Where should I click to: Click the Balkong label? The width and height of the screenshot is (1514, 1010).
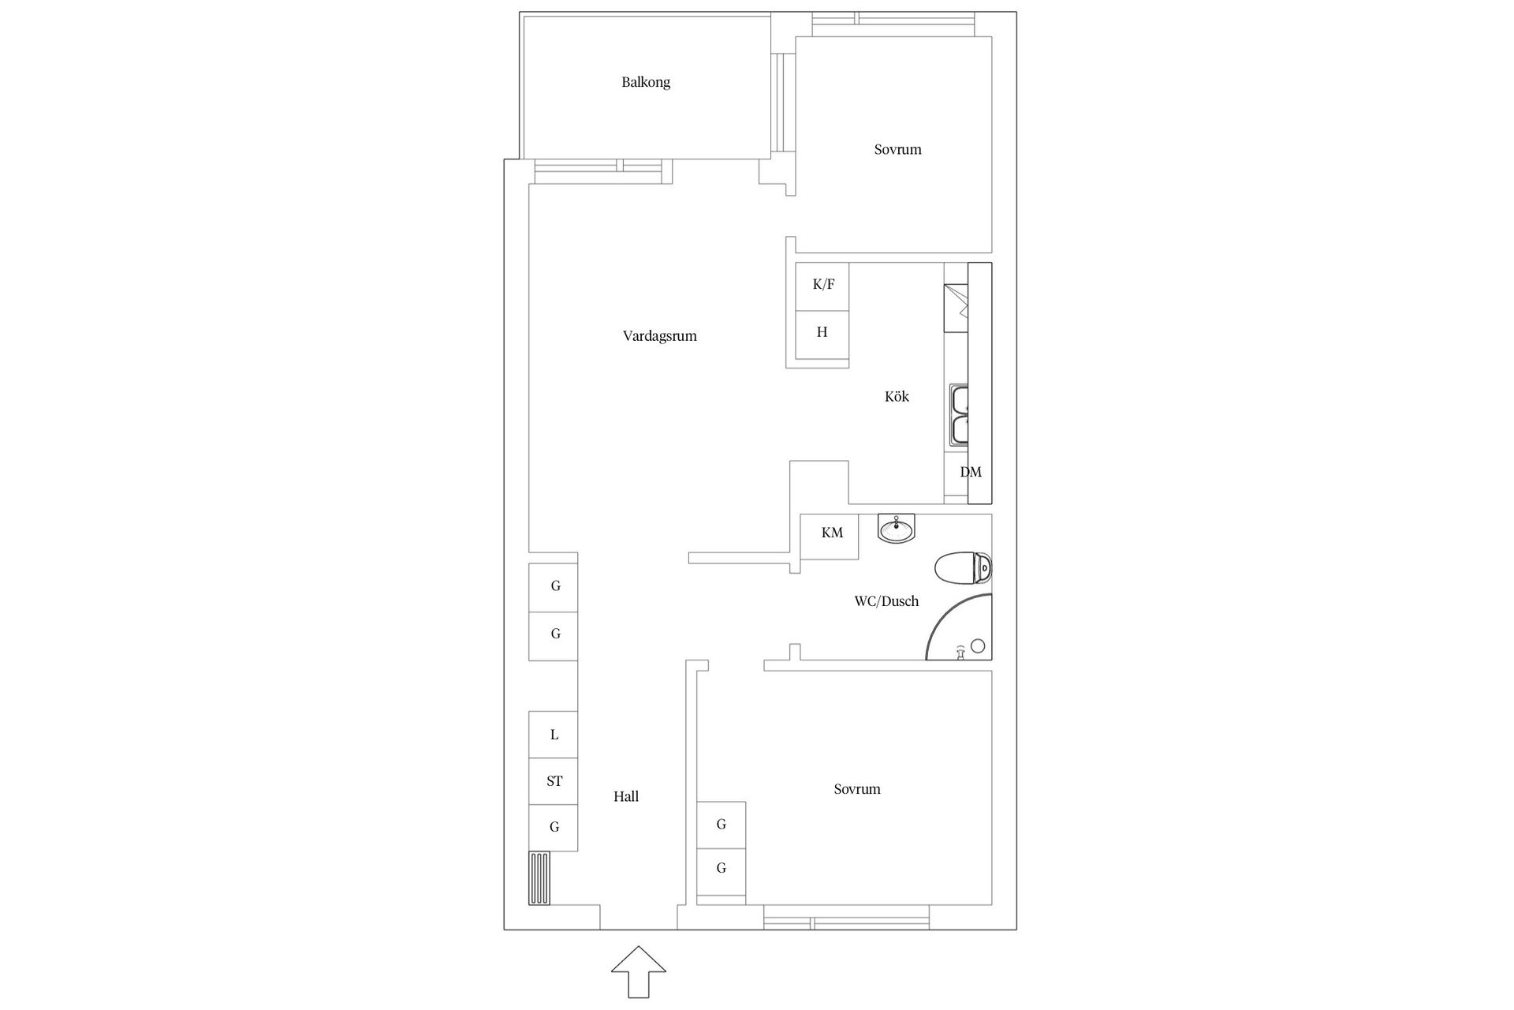pyautogui.click(x=645, y=82)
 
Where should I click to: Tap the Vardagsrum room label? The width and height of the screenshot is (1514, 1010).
pyautogui.click(x=659, y=336)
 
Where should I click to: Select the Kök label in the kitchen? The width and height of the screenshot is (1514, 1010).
pyautogui.click(x=897, y=397)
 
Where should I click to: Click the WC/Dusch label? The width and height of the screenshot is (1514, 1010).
pyautogui.click(x=886, y=601)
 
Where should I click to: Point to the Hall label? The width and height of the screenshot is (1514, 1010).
pyautogui.click(x=626, y=797)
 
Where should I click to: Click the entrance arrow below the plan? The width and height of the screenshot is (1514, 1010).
pyautogui.click(x=639, y=971)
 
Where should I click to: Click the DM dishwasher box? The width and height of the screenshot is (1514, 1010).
pyautogui.click(x=970, y=473)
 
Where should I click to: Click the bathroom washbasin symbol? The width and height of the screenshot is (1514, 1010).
pyautogui.click(x=897, y=528)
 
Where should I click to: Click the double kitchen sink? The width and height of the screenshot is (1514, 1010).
pyautogui.click(x=959, y=414)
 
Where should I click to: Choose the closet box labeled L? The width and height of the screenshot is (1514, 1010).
pyautogui.click(x=554, y=735)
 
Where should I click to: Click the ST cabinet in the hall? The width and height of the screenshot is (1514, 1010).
pyautogui.click(x=554, y=781)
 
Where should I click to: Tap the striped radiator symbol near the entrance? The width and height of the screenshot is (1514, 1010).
pyautogui.click(x=539, y=878)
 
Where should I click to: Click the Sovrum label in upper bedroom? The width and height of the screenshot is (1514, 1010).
pyautogui.click(x=897, y=150)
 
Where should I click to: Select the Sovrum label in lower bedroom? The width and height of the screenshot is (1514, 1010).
pyautogui.click(x=856, y=789)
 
